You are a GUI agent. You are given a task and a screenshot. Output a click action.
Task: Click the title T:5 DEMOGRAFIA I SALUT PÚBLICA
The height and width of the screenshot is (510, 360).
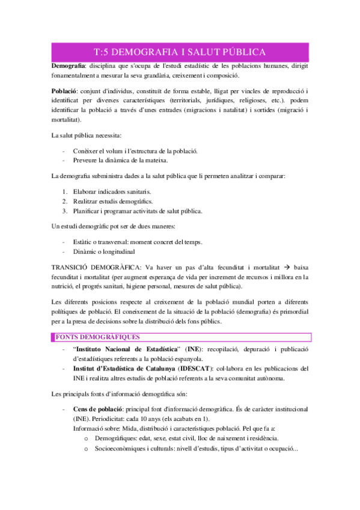[x=180, y=52]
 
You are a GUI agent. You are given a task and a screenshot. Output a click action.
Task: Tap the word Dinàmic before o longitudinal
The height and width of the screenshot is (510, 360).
[x=85, y=251]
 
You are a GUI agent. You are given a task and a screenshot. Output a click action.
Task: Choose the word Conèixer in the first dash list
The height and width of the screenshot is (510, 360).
[x=85, y=150]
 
